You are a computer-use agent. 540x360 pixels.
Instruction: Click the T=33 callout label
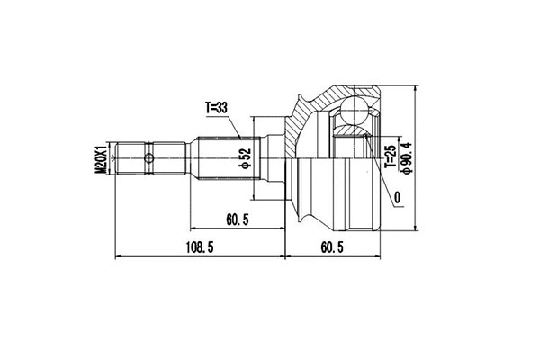pyautogui.click(x=217, y=109)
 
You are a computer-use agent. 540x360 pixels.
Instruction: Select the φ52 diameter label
pyautogui.click(x=244, y=159)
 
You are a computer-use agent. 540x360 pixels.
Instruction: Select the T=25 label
pyautogui.click(x=390, y=157)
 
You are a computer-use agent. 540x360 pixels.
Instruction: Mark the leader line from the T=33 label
pyautogui.click(x=233, y=126)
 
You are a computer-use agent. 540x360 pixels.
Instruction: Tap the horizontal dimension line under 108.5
pyautogui.click(x=200, y=256)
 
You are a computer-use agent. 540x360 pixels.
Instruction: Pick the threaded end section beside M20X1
pyautogui.click(x=134, y=160)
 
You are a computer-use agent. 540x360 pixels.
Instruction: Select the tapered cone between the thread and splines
pyautogui.click(x=192, y=160)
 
